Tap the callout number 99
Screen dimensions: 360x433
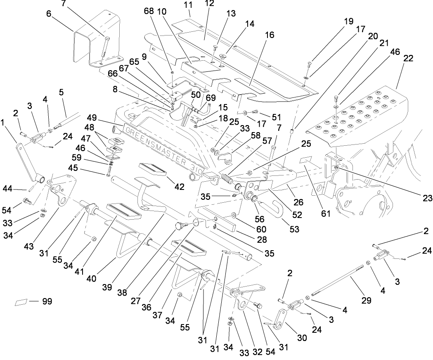pyautogui.click(x=47, y=302)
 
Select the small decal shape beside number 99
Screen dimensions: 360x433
pyautogui.click(x=21, y=302)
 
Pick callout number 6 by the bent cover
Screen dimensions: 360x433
pyautogui.click(x=49, y=14)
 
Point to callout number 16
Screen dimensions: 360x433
pyautogui.click(x=270, y=36)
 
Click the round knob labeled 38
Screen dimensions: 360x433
pyautogui.click(x=179, y=225)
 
